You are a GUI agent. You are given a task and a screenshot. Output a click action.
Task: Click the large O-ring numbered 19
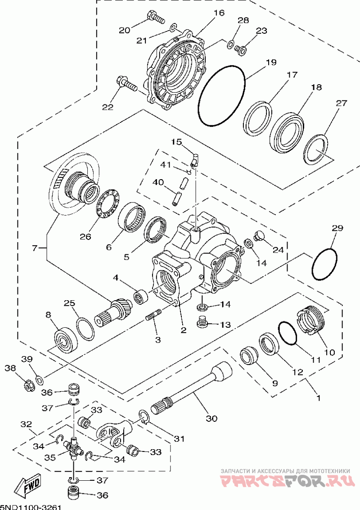coord(221,96)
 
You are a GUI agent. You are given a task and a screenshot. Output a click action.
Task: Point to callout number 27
coord(342,104)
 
